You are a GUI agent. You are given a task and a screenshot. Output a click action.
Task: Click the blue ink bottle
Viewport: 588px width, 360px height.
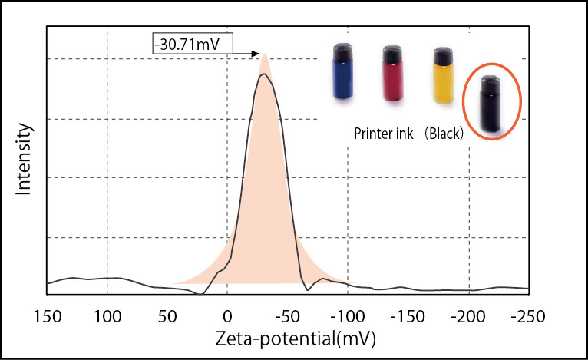point(342,71)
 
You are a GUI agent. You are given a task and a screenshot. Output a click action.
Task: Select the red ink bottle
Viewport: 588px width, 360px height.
point(392,73)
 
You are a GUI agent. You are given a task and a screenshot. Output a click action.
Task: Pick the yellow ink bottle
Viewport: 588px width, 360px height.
point(441,74)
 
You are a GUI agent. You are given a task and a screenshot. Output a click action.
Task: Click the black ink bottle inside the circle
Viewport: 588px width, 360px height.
point(489,104)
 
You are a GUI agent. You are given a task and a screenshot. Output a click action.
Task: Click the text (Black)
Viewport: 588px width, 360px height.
point(444,134)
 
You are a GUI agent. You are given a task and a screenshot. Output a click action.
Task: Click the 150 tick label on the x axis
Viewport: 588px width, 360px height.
point(47,315)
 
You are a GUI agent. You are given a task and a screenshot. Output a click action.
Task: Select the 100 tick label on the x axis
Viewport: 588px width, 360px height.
point(107,315)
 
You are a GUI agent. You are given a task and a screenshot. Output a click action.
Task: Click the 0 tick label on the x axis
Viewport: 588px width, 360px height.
point(227,315)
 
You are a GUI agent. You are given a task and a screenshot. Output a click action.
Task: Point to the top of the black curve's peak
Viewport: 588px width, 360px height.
point(263,74)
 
